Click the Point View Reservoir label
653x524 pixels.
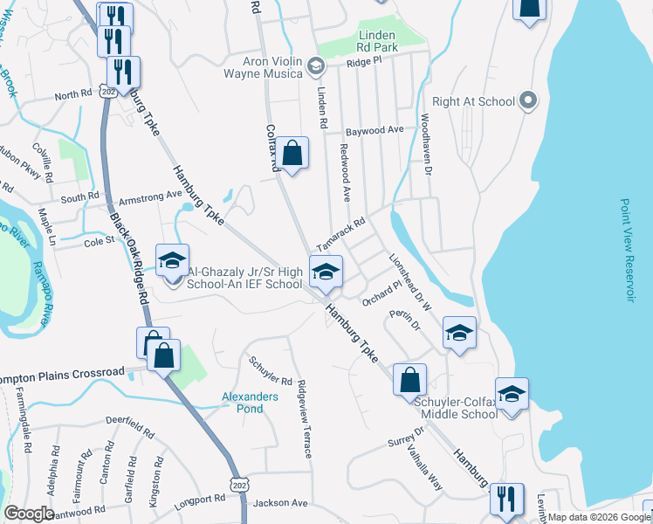tap(626, 250)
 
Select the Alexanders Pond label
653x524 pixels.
tap(249, 403)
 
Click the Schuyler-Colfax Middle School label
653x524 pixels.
tap(457, 407)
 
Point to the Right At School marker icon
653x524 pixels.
tap(526, 101)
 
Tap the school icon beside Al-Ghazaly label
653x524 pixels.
tap(172, 260)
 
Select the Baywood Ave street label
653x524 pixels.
tap(375, 130)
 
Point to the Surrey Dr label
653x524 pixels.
tap(406, 436)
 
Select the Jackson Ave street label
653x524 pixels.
tap(280, 503)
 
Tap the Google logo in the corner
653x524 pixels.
tap(28, 514)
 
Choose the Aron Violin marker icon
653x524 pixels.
tap(315, 65)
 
